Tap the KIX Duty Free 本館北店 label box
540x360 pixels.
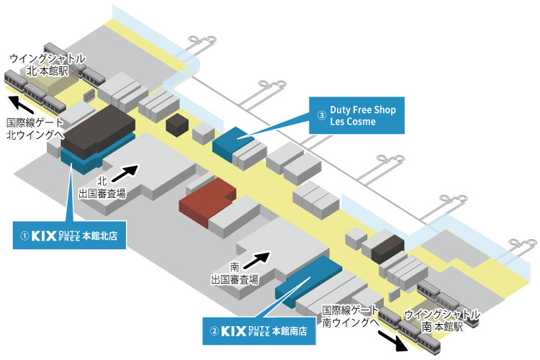pyautogui.click(x=70, y=235)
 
